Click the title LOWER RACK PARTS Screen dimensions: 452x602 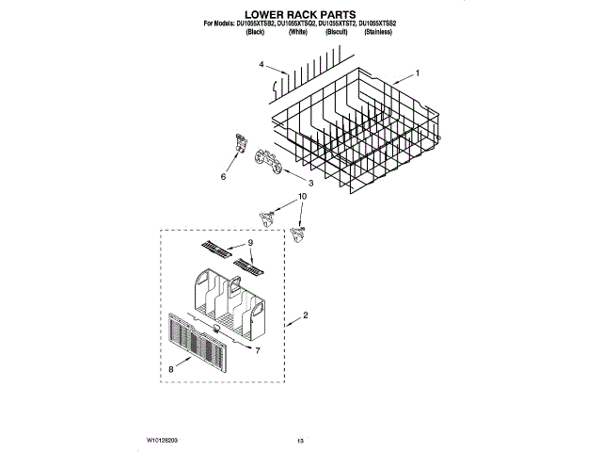[x=300, y=16]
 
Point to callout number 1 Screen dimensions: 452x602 [x=418, y=73]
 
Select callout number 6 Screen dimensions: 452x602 [x=223, y=176]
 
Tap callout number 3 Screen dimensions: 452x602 [x=311, y=183]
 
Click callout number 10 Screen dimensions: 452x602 [x=302, y=198]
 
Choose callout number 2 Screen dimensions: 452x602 [x=305, y=315]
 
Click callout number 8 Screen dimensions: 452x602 [x=171, y=370]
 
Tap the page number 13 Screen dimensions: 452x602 [x=301, y=440]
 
